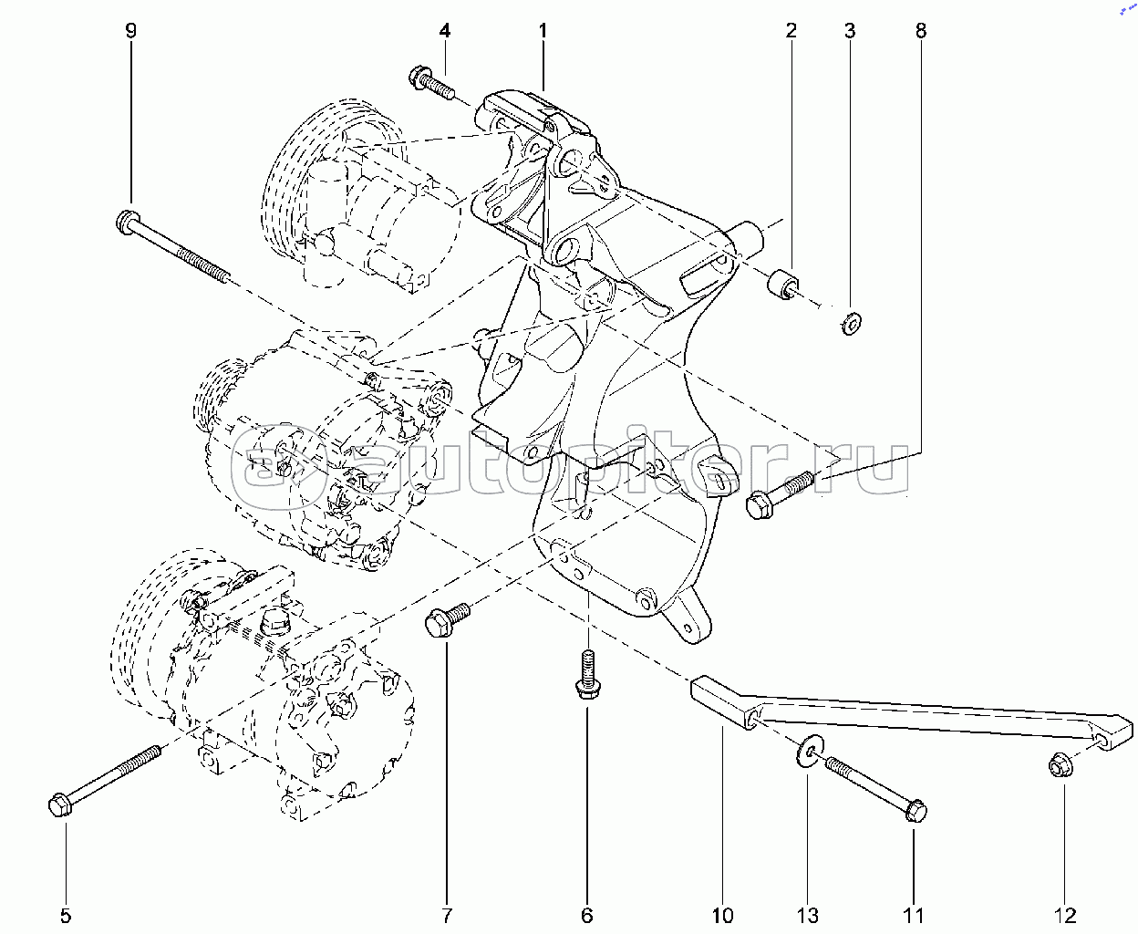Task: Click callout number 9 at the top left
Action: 130,31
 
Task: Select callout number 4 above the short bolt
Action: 444,31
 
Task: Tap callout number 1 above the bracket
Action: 543,31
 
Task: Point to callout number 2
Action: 791,31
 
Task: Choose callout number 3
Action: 850,31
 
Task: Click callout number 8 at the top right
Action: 921,31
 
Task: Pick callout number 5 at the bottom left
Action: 66,915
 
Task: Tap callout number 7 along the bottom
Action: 447,915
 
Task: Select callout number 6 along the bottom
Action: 587,915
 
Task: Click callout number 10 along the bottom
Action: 722,915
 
